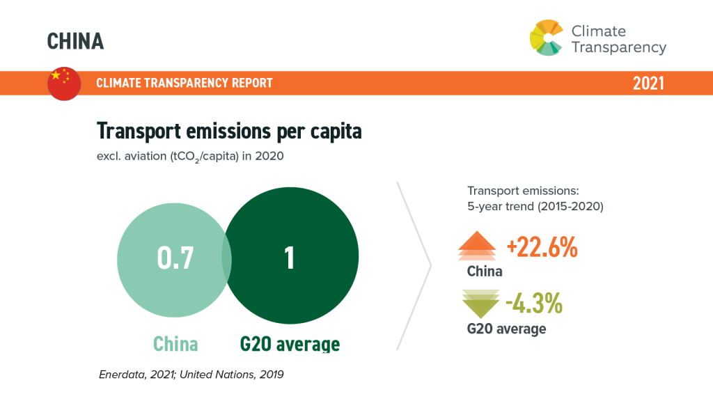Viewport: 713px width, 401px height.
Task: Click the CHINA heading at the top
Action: pos(75,41)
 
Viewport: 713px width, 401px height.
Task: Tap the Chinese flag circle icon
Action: pos(64,84)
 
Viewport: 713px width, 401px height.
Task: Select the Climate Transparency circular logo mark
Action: pos(546,38)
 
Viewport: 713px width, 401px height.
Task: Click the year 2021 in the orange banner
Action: pos(648,84)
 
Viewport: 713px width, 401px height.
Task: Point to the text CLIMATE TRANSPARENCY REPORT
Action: pos(184,83)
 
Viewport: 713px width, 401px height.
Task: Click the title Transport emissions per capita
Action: pos(229,132)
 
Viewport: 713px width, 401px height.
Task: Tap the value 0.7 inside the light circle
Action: pos(175,258)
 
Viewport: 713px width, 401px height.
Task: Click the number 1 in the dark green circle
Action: pos(289,258)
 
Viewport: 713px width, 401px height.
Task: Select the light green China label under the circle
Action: pos(175,344)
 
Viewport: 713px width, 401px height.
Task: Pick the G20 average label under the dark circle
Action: pos(290,344)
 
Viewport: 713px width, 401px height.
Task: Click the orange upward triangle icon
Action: pos(476,246)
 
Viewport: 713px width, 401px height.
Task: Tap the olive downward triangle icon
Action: pos(480,304)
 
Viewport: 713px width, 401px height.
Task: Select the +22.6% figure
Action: pos(542,248)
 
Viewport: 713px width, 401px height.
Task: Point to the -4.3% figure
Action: pos(534,304)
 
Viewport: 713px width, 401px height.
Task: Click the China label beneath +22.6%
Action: pos(485,272)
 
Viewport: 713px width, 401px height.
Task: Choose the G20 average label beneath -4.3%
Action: pos(507,329)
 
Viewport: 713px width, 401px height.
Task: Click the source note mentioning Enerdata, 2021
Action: pos(191,375)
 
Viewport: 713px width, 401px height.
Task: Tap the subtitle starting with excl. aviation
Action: pos(190,157)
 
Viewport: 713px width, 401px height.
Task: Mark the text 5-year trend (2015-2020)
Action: pos(535,206)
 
